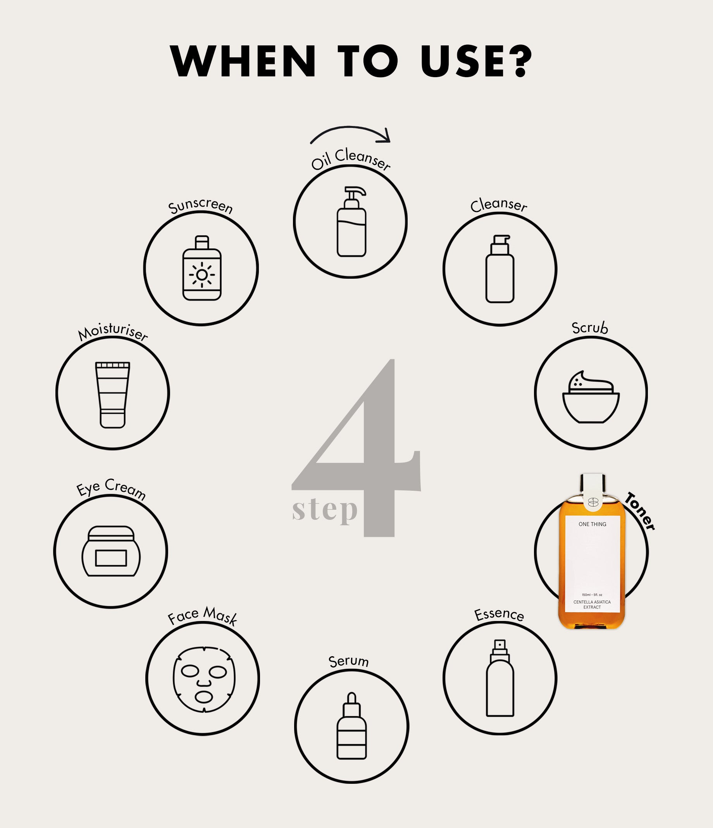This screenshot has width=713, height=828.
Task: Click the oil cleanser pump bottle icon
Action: [351, 221]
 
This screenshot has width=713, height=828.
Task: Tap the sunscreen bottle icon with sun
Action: [202, 268]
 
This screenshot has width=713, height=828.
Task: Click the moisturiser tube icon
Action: [113, 395]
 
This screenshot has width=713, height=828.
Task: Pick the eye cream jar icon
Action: [111, 551]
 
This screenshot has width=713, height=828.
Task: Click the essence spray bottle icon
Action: [500, 678]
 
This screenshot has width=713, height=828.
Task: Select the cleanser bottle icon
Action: [500, 269]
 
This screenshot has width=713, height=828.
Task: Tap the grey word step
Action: [325, 511]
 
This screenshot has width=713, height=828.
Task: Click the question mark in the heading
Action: [518, 61]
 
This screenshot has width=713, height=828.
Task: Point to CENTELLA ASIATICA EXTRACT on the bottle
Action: [592, 605]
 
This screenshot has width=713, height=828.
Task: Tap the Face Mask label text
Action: [203, 616]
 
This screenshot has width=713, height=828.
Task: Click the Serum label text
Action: [348, 661]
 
